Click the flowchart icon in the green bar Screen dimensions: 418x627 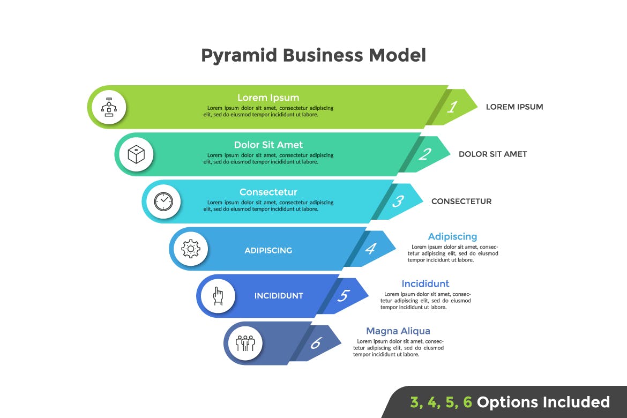tap(109, 107)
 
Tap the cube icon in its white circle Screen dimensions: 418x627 tap(136, 154)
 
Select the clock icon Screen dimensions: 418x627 tap(163, 201)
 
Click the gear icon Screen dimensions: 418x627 tap(191, 249)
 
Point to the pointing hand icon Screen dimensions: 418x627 tap(218, 296)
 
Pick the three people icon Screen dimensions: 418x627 tap(245, 343)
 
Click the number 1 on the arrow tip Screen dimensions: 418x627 tap(452, 107)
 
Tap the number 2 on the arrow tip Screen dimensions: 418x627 tap(424, 154)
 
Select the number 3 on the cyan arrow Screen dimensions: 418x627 tap(398, 201)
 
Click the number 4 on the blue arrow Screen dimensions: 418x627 tap(370, 249)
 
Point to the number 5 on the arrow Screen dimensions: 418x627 tap(344, 296)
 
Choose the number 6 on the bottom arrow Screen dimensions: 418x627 tap(316, 343)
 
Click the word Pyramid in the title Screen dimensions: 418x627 tap(238, 55)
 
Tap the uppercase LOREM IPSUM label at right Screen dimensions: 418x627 tap(514, 107)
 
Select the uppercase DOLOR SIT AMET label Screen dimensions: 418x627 tap(492, 154)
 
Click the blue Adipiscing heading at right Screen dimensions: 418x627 tap(452, 236)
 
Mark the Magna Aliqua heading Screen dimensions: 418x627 tap(398, 331)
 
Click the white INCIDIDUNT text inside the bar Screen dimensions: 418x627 tap(279, 296)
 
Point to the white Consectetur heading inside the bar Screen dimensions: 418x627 tap(268, 192)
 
